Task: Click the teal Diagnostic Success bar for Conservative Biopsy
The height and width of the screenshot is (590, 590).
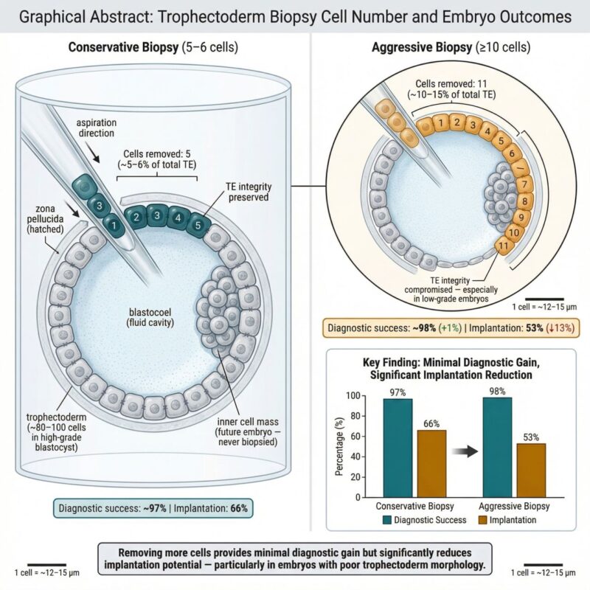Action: tap(398, 448)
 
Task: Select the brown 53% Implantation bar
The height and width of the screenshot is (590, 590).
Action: tap(531, 471)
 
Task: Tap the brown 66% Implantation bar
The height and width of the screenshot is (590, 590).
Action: tap(431, 464)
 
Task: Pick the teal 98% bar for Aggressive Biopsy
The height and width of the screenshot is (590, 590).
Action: tap(497, 448)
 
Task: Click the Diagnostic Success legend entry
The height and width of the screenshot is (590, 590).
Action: tap(425, 520)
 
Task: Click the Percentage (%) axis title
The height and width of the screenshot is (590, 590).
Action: tap(339, 446)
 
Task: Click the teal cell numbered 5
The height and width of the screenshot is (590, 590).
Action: tap(198, 225)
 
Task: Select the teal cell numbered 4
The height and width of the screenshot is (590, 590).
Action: tap(178, 218)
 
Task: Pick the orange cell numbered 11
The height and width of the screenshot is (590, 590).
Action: tap(503, 246)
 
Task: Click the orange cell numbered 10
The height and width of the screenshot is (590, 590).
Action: tap(513, 232)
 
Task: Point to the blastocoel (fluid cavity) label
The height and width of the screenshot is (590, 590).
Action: tap(150, 317)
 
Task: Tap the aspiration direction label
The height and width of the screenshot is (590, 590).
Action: tap(97, 128)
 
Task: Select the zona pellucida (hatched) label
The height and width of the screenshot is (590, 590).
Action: tap(45, 218)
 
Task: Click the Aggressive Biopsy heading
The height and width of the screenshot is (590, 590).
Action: tap(451, 47)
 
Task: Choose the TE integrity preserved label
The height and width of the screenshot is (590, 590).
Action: tap(249, 192)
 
